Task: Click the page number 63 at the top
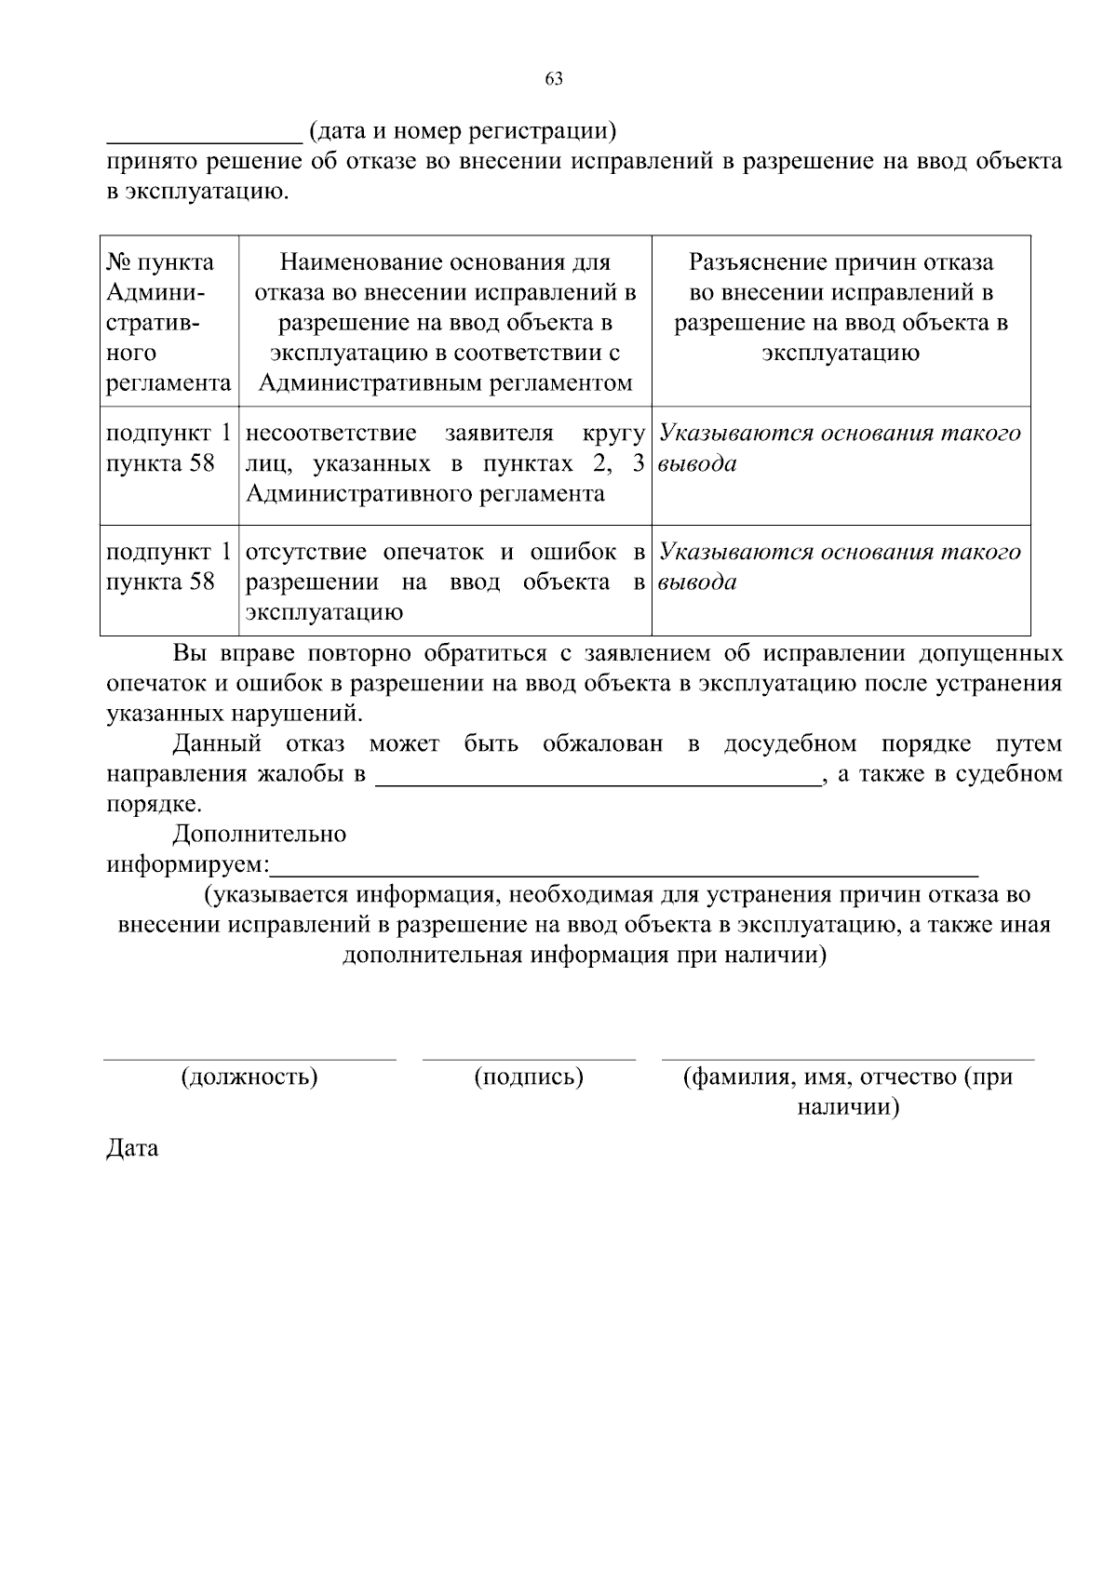point(554,79)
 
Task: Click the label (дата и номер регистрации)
point(463,131)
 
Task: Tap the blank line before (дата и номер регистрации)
point(204,141)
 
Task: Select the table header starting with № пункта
point(168,322)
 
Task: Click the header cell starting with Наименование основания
point(445,322)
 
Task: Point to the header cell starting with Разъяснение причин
point(841,307)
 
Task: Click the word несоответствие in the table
point(330,434)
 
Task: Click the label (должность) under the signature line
point(249,1077)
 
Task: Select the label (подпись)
point(529,1077)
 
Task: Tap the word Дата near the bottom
point(132,1148)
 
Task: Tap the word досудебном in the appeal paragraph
point(789,744)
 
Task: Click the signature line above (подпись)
point(529,1059)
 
